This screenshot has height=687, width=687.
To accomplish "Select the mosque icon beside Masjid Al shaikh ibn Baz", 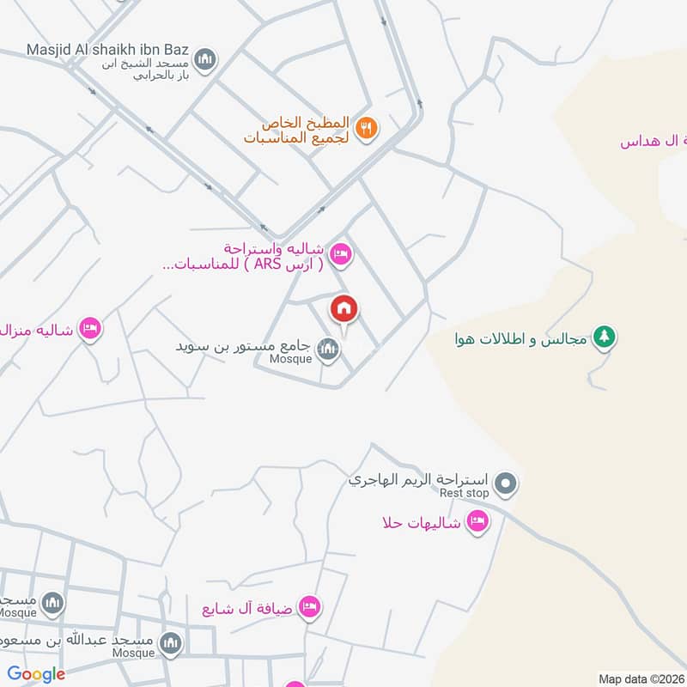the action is click(x=204, y=59).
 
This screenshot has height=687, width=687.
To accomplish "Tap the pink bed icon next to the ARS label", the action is click(x=341, y=254).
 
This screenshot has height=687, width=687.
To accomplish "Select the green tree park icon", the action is click(x=605, y=337).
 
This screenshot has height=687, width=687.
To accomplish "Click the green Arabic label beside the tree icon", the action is click(x=523, y=339).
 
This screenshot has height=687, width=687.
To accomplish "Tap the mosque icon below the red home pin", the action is click(x=327, y=349).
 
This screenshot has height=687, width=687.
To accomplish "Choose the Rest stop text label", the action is click(x=464, y=493).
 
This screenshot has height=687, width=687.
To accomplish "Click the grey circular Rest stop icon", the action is click(x=508, y=484).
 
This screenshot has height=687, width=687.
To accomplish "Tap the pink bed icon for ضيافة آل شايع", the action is click(x=310, y=607).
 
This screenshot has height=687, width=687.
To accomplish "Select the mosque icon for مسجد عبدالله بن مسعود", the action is click(x=172, y=642).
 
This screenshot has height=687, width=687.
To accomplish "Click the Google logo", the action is click(x=36, y=674).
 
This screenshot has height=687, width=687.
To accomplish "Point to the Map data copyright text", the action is click(x=641, y=678).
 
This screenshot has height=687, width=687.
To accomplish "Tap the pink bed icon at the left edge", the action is click(x=89, y=328).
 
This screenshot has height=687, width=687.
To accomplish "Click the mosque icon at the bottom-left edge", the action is click(x=53, y=604).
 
